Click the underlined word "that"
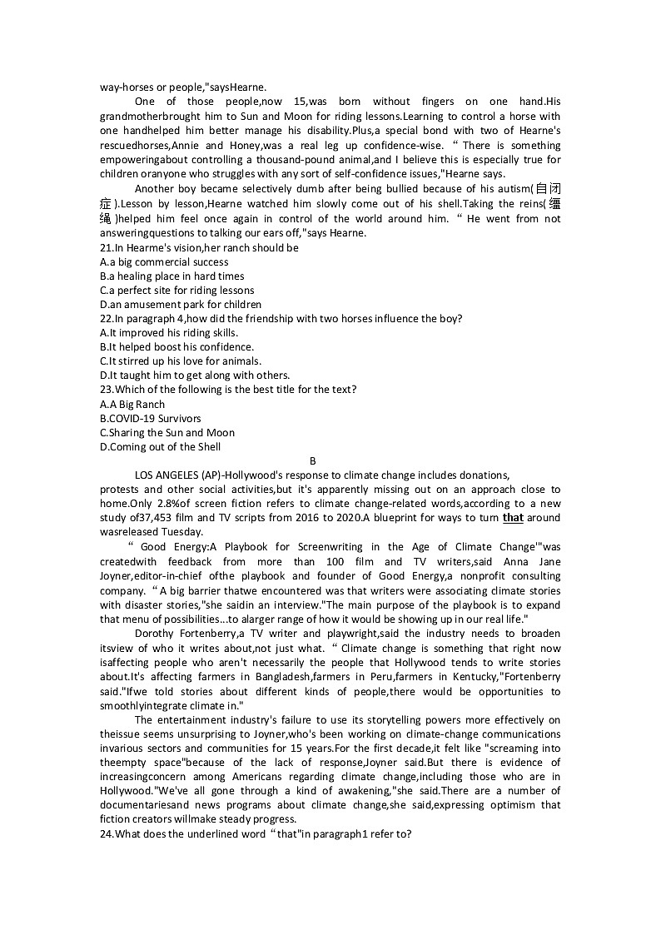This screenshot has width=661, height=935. click(x=513, y=518)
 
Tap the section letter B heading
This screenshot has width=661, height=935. click(x=313, y=461)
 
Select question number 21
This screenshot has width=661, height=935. click(x=106, y=248)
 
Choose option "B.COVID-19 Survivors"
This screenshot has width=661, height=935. click(x=150, y=419)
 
